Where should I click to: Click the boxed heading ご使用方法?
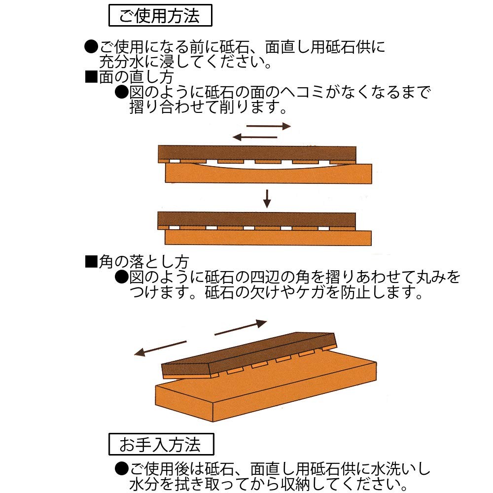(160, 15)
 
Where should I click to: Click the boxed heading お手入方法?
(161, 444)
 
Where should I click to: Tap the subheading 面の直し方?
(136, 77)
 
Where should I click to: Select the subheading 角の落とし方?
(143, 262)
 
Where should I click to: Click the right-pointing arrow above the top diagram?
(269, 126)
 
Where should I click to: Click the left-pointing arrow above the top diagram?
(255, 137)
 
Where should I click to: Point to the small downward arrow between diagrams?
(267, 199)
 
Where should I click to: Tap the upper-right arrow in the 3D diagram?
(241, 328)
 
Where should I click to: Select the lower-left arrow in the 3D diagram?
(160, 349)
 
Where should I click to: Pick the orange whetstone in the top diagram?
(269, 175)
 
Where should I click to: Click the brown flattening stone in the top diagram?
(257, 154)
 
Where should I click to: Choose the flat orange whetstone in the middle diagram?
(268, 238)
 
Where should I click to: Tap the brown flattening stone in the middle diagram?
(256, 221)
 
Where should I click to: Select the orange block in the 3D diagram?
(266, 389)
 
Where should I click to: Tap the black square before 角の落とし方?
(91, 262)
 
